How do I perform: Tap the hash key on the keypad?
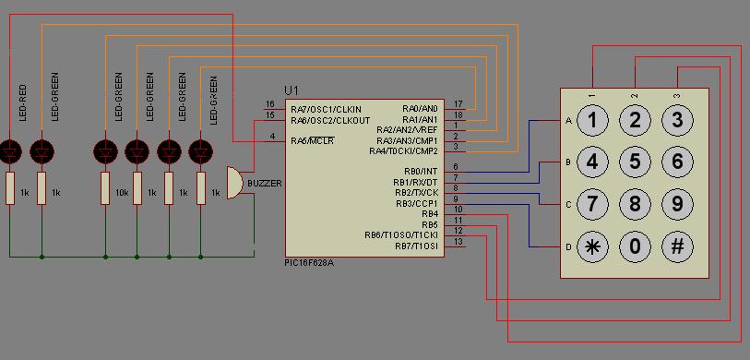click(677, 246)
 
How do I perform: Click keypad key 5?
click(635, 162)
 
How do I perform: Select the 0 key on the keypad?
click(635, 246)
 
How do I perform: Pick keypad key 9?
click(677, 204)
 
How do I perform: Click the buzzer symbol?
click(235, 183)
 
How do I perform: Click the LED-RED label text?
click(22, 102)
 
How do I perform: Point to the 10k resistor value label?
click(122, 193)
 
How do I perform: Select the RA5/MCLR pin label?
click(313, 140)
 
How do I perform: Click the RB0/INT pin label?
click(421, 172)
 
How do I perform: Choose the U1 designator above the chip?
click(291, 91)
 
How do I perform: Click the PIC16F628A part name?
click(308, 263)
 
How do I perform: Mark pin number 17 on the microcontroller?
click(458, 103)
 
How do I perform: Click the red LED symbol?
click(10, 151)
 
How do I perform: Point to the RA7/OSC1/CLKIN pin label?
click(327, 110)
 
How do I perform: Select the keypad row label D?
click(568, 247)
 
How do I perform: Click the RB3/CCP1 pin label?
click(416, 203)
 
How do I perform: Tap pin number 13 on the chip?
click(458, 242)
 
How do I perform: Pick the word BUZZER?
click(265, 184)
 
